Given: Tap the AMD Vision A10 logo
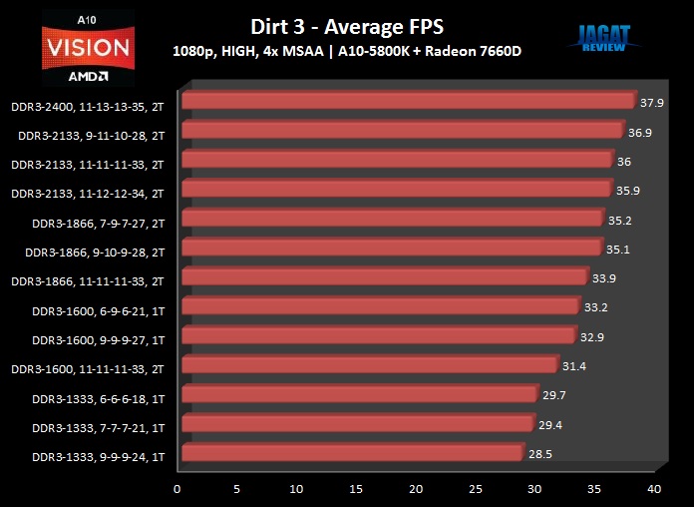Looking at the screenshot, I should click(86, 44).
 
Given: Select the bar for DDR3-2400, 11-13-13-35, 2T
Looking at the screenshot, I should click(408, 101).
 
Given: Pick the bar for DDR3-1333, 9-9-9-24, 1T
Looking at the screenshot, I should click(352, 453).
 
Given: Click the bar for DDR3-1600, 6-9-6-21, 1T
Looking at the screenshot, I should click(380, 306).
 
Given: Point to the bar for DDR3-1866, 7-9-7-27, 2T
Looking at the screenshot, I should click(392, 219).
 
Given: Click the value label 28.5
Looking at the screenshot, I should click(540, 454).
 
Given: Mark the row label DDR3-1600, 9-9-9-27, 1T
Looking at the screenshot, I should click(98, 340).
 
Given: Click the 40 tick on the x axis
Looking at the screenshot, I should click(654, 489).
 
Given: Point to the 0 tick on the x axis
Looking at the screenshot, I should click(177, 489).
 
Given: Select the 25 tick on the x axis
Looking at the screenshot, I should click(475, 489).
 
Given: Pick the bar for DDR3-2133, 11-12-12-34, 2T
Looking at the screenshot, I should click(396, 189).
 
